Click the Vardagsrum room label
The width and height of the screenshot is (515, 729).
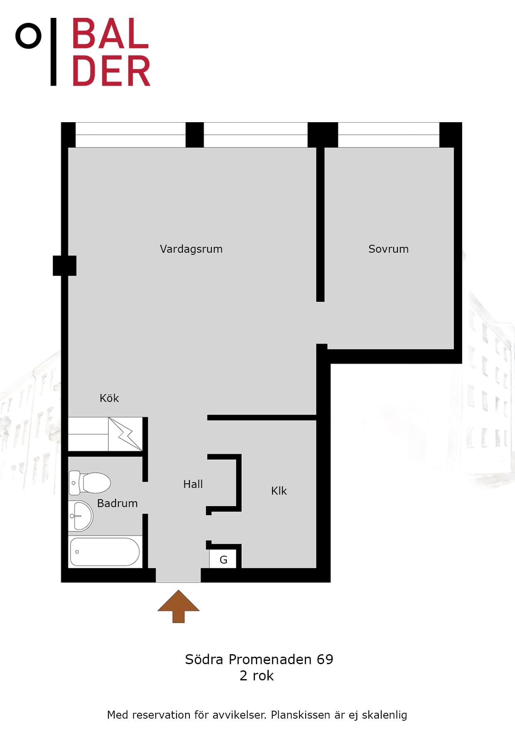(x=191, y=249)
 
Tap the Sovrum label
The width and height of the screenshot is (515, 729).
(x=388, y=249)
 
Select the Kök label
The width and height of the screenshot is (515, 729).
(x=109, y=398)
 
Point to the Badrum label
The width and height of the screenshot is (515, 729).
(x=117, y=503)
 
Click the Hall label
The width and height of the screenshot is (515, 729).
(x=193, y=484)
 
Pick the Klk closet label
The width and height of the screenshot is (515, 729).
(x=279, y=491)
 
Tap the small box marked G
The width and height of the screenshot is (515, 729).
(x=223, y=559)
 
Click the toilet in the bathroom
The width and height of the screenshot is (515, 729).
(x=90, y=483)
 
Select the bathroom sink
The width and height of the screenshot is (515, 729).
(x=81, y=516)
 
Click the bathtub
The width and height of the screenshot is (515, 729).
(x=105, y=552)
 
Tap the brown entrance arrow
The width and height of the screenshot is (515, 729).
(x=179, y=606)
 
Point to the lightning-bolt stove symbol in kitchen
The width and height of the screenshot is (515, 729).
(x=125, y=434)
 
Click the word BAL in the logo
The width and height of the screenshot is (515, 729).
(x=110, y=33)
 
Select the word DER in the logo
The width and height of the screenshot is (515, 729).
(x=111, y=71)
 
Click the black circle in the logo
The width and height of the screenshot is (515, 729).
(x=28, y=36)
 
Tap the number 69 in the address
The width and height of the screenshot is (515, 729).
(x=325, y=659)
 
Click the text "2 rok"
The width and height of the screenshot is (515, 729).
(x=257, y=676)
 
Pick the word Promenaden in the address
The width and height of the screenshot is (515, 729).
(x=270, y=659)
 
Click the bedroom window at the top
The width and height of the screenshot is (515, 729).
(x=388, y=135)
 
